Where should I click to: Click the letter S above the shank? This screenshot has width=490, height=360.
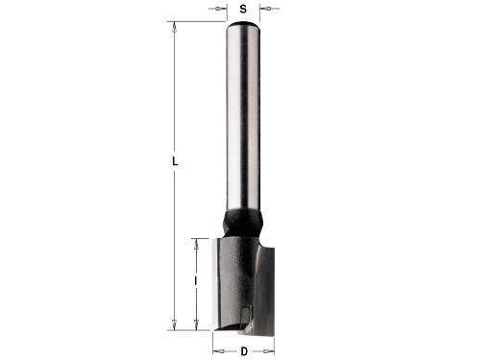point(243,10)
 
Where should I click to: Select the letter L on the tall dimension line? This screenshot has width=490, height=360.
point(175,162)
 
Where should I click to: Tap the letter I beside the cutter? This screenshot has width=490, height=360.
point(196,281)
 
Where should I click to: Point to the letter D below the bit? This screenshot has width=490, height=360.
point(244,351)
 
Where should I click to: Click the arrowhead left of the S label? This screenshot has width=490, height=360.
point(218,9)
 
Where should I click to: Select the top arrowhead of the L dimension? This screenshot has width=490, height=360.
point(175,27)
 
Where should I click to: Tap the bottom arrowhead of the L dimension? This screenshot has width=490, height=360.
point(175,324)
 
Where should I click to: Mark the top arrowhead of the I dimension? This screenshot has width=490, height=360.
point(197,244)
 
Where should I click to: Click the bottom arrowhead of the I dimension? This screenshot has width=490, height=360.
point(197,324)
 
